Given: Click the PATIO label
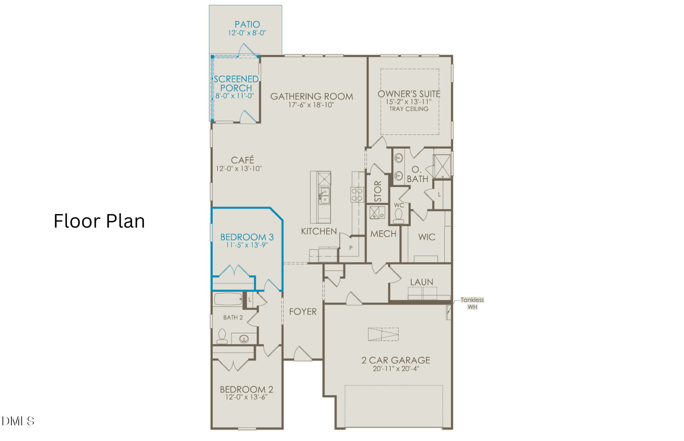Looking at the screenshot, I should pyautogui.click(x=247, y=25).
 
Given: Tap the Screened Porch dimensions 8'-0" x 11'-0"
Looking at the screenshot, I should pyautogui.click(x=235, y=96).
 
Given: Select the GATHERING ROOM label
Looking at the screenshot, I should pyautogui.click(x=312, y=96).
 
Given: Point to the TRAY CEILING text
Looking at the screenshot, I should pyautogui.click(x=409, y=109).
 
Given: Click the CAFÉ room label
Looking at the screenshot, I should pyautogui.click(x=242, y=160).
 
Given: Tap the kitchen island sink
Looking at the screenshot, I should pyautogui.click(x=324, y=196).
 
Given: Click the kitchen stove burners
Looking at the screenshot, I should pyautogui.click(x=357, y=195).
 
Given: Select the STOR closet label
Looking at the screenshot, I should pyautogui.click(x=378, y=191).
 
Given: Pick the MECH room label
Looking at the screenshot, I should pyautogui.click(x=383, y=234).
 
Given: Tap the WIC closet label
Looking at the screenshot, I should pyautogui.click(x=427, y=237).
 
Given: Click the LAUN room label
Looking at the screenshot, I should pyautogui.click(x=422, y=282).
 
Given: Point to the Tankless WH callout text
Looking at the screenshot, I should pyautogui.click(x=472, y=303).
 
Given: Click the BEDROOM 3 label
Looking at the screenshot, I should pyautogui.click(x=247, y=237).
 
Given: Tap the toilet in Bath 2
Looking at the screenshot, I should pyautogui.click(x=222, y=336).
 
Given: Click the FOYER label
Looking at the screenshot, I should pyautogui.click(x=303, y=312).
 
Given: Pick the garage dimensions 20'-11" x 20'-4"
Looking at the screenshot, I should pyautogui.click(x=396, y=369).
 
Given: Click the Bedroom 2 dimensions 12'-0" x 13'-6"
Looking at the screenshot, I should pyautogui.click(x=246, y=397).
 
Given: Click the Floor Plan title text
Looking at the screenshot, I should pyautogui.click(x=99, y=221).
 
